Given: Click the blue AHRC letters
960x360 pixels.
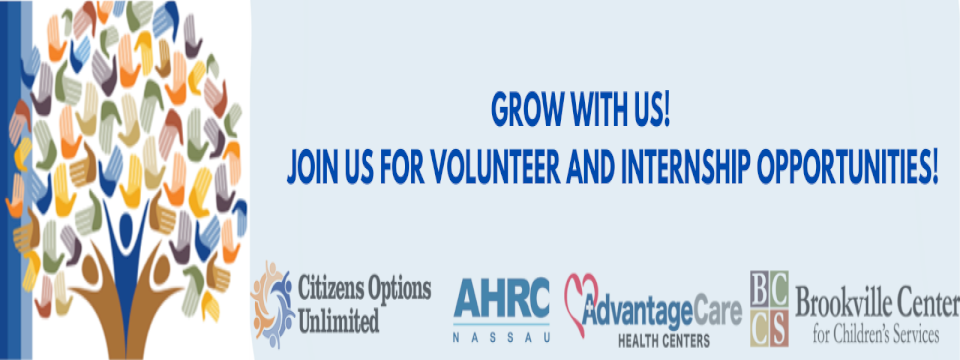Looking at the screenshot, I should [x=501, y=297].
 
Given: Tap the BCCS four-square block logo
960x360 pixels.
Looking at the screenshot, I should [x=769, y=309].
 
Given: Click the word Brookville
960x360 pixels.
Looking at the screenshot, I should [x=838, y=299].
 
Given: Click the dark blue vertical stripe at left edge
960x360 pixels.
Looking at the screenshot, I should [x=3, y=180].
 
